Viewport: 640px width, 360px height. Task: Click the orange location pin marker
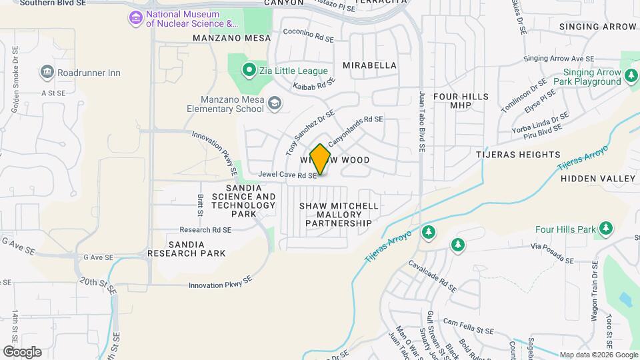click(x=320, y=159)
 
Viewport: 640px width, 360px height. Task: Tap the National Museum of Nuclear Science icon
click(x=136, y=17)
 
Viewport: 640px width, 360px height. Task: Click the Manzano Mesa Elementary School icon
click(x=275, y=103)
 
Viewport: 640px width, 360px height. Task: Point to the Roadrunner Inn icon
click(x=47, y=71)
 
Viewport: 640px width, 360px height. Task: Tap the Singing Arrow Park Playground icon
click(x=631, y=77)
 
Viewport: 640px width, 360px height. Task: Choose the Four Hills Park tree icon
click(x=605, y=229)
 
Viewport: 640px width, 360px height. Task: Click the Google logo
click(x=21, y=352)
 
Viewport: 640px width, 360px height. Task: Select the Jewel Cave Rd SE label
click(x=287, y=176)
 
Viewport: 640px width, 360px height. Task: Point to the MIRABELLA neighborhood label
click(x=369, y=65)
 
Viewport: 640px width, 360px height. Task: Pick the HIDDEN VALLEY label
click(x=598, y=179)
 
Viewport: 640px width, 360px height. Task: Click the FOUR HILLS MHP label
click(x=461, y=101)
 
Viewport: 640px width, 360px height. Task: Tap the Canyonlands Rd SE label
click(x=355, y=125)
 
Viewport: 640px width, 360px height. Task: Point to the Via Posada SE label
click(x=551, y=251)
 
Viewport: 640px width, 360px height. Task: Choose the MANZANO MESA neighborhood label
click(x=232, y=38)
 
